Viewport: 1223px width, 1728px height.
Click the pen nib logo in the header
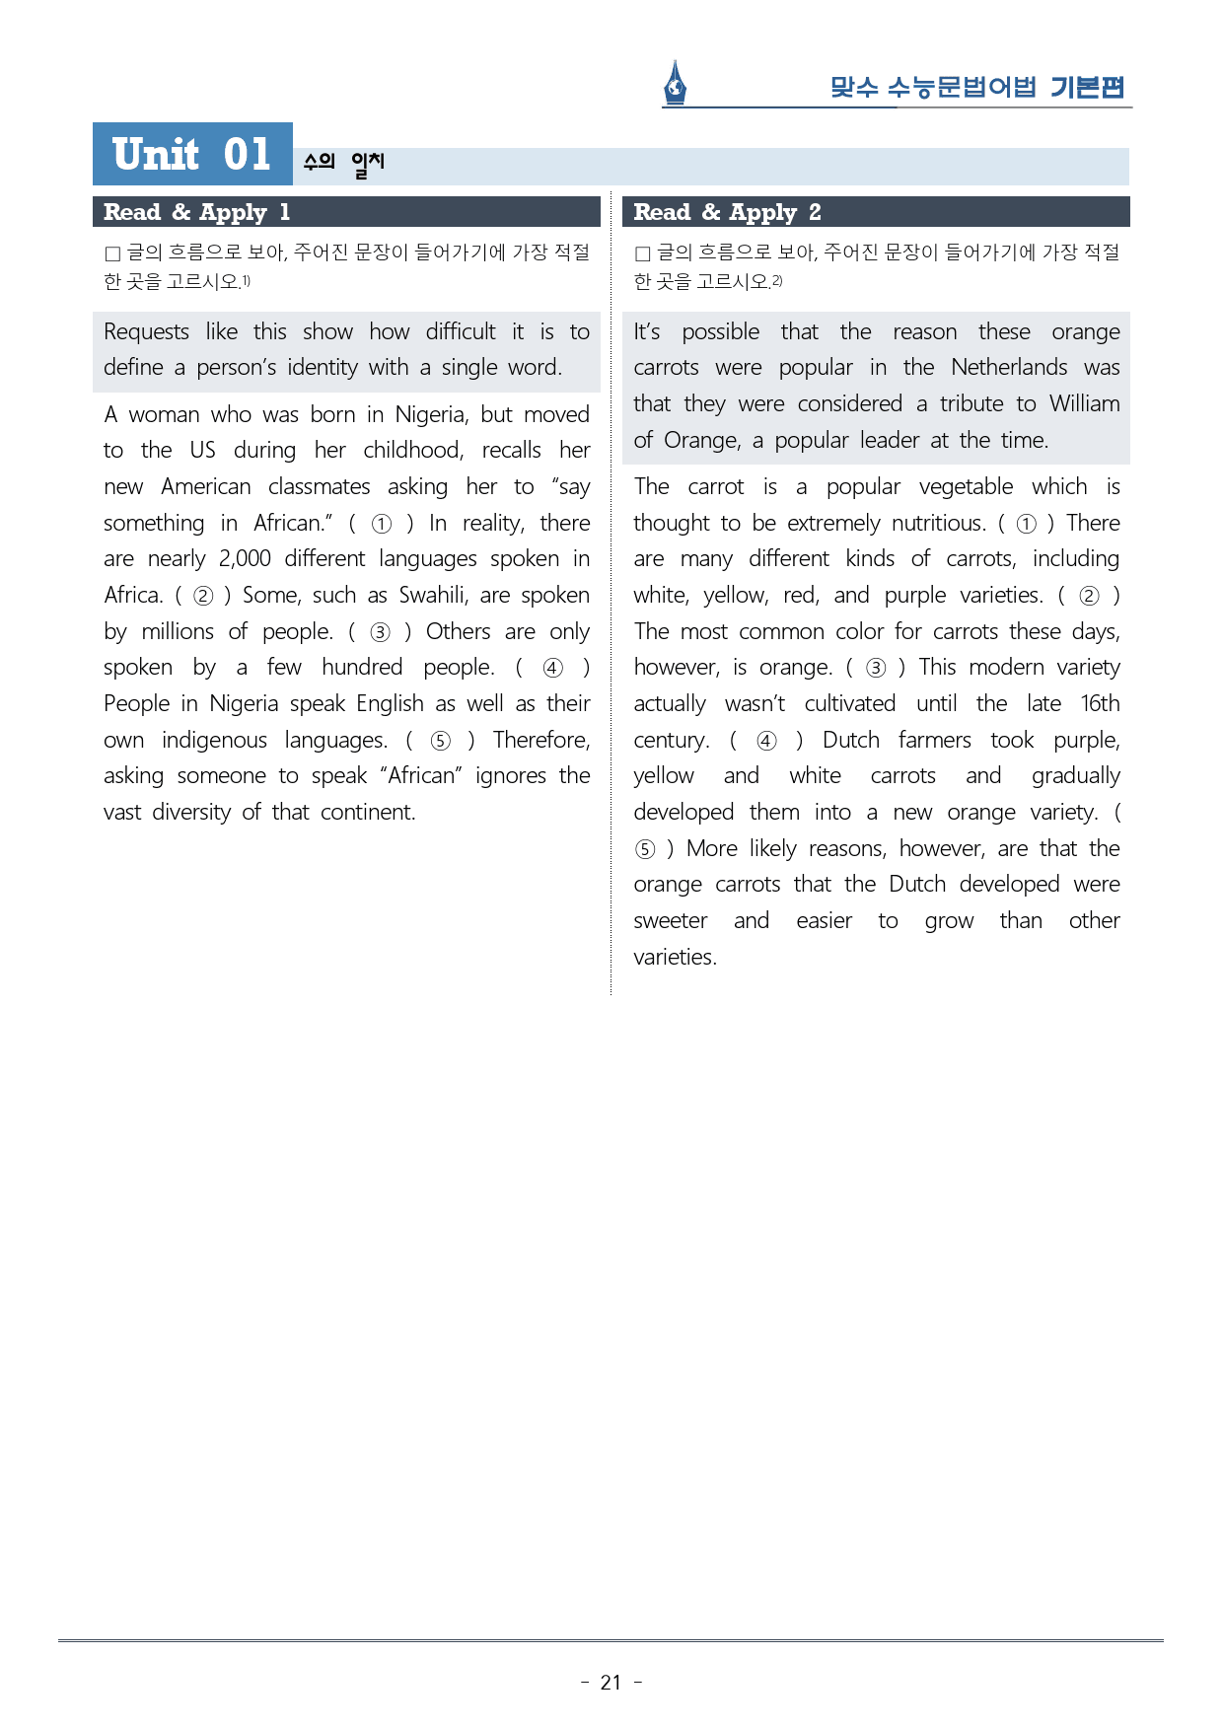675,83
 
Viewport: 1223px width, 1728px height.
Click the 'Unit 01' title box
192,154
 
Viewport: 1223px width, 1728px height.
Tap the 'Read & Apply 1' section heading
196,212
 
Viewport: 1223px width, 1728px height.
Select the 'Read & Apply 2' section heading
727,212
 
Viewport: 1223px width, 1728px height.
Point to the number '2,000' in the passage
245,558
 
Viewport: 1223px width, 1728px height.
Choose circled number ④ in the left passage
553,668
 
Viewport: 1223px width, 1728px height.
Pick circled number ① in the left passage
382,524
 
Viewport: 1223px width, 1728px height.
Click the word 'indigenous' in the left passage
214,740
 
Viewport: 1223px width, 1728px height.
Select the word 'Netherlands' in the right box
1009,367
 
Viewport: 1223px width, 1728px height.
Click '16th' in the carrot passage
1100,703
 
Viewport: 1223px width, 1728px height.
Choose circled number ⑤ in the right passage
645,849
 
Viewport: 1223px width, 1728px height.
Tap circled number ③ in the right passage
876,668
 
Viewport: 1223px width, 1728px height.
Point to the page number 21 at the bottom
611,1683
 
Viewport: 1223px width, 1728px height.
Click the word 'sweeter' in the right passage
671,920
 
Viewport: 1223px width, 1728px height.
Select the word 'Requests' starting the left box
146,331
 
